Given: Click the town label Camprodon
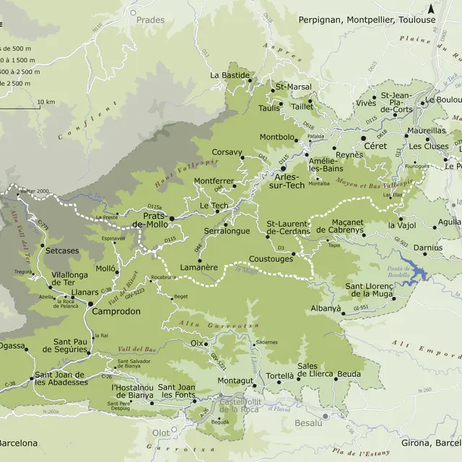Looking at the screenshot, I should pyautogui.click(x=115, y=312).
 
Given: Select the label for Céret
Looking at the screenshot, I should pyautogui.click(x=375, y=145).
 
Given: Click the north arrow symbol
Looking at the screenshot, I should pyautogui.click(x=431, y=9).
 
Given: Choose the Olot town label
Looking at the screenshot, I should pyautogui.click(x=160, y=432).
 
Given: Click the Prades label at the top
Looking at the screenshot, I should pyautogui.click(x=150, y=21).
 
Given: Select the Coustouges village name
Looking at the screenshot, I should pyautogui.click(x=271, y=258).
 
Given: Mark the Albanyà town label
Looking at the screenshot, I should pyautogui.click(x=326, y=308).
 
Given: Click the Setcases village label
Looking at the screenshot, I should pyautogui.click(x=61, y=250).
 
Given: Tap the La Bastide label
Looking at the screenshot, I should pyautogui.click(x=230, y=75).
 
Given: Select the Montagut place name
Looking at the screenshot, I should pyautogui.click(x=236, y=380).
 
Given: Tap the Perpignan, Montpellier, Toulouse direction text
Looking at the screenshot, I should pyautogui.click(x=367, y=20).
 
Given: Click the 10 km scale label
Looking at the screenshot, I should pyautogui.click(x=45, y=102).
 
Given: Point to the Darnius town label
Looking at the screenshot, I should pyautogui.click(x=428, y=248).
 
